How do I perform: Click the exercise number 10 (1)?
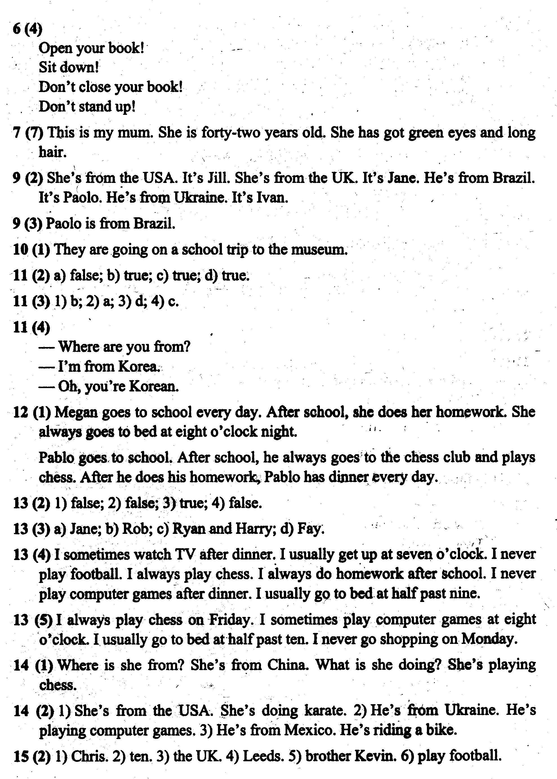pos(31,250)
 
